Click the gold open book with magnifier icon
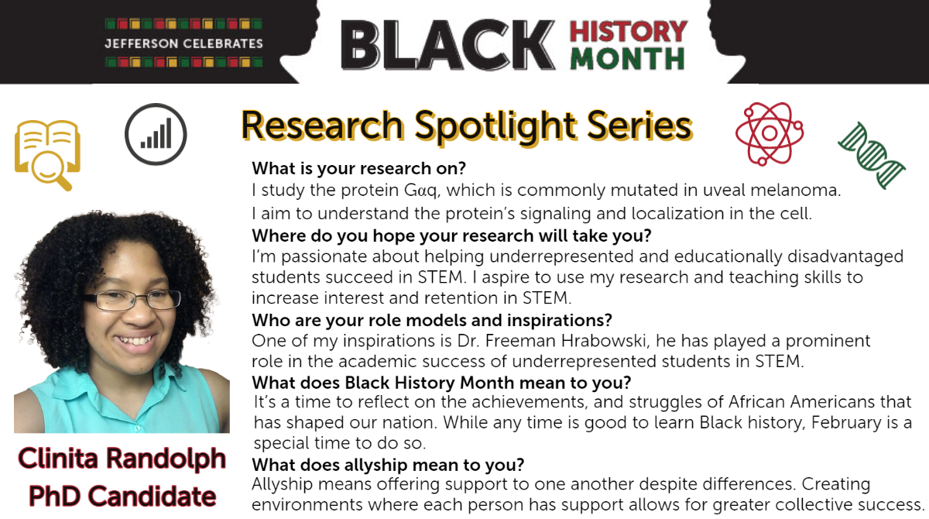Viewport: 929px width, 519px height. coord(47,154)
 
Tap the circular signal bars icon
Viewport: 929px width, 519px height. coord(156,134)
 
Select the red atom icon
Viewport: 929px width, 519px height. coord(770,133)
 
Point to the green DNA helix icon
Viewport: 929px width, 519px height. coord(872,156)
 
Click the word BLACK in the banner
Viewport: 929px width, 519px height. coord(448,45)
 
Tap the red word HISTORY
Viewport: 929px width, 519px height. coord(629,31)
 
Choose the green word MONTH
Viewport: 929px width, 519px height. coord(628,59)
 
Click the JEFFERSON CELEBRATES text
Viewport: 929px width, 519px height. coord(183,43)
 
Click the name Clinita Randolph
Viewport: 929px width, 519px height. coord(122,459)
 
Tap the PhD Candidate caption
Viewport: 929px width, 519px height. coord(122,497)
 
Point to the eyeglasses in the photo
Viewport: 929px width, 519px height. coord(132,300)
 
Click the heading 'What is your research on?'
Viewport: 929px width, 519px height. coord(358,168)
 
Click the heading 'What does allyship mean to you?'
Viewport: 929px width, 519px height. coord(388,465)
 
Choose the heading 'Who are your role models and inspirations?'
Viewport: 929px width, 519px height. coord(432,320)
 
